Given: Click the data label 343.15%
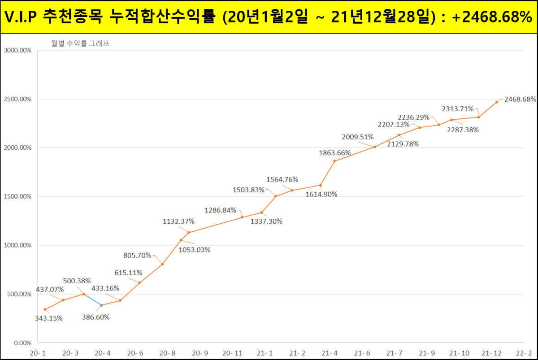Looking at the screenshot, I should tap(48, 318).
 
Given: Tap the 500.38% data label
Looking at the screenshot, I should tap(76, 282).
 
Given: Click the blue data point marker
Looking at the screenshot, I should tap(102, 305).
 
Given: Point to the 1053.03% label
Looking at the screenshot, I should tap(195, 250).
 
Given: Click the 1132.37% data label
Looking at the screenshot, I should tap(178, 221).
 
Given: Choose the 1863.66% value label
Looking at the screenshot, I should tap(334, 153).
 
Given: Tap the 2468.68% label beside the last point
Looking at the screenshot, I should tap(520, 99).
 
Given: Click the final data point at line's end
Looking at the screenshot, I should tap(496, 102).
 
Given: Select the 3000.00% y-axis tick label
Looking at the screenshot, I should tap(17, 50).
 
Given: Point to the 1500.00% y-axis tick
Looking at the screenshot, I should tap(17, 196).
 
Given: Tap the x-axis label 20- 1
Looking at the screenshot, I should tap(38, 353).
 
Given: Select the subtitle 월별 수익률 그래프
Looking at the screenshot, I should tap(80, 44).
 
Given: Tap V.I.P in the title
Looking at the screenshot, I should tap(22, 17).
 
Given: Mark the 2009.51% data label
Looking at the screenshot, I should tap(357, 137).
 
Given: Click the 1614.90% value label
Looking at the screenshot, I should tap(321, 194).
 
